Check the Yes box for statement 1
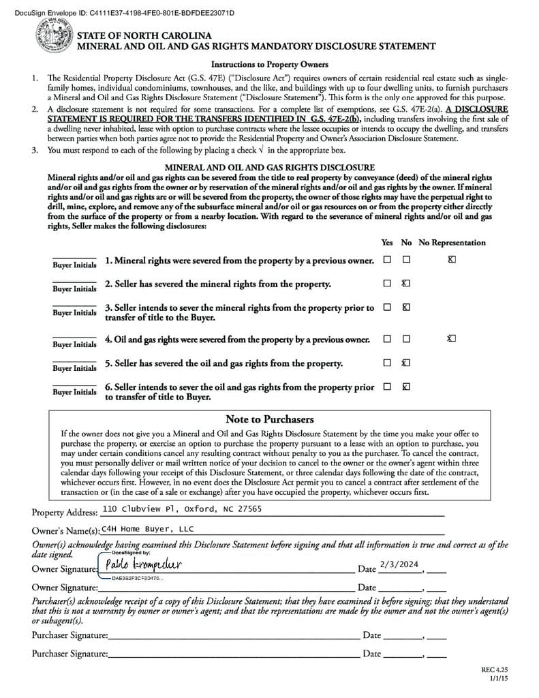point(387,260)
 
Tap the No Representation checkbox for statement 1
point(452,260)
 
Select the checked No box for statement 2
point(406,284)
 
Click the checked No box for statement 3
point(406,307)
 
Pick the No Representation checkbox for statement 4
point(452,338)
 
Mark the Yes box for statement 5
point(387,363)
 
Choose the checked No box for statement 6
point(406,386)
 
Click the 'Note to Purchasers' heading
point(269,419)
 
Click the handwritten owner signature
point(144,564)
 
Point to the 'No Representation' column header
point(452,243)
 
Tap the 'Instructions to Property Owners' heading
point(269,65)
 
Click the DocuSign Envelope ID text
point(119,13)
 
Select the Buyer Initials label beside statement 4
point(75,344)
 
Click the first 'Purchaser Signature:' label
point(70,636)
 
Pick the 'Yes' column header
point(387,243)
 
